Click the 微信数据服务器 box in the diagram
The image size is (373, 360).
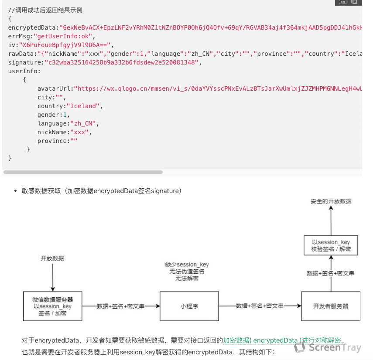52,306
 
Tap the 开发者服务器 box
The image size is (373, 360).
331,306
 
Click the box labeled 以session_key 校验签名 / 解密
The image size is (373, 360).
331,246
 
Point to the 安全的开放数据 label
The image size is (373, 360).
331,201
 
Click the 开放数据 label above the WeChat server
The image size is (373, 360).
52,258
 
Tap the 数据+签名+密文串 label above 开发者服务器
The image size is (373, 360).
330,273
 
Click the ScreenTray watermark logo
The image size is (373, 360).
327,347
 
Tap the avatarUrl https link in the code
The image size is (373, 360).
218,89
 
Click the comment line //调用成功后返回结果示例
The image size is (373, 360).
45,10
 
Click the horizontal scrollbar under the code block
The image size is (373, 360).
83,172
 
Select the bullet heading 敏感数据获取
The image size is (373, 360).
41,191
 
